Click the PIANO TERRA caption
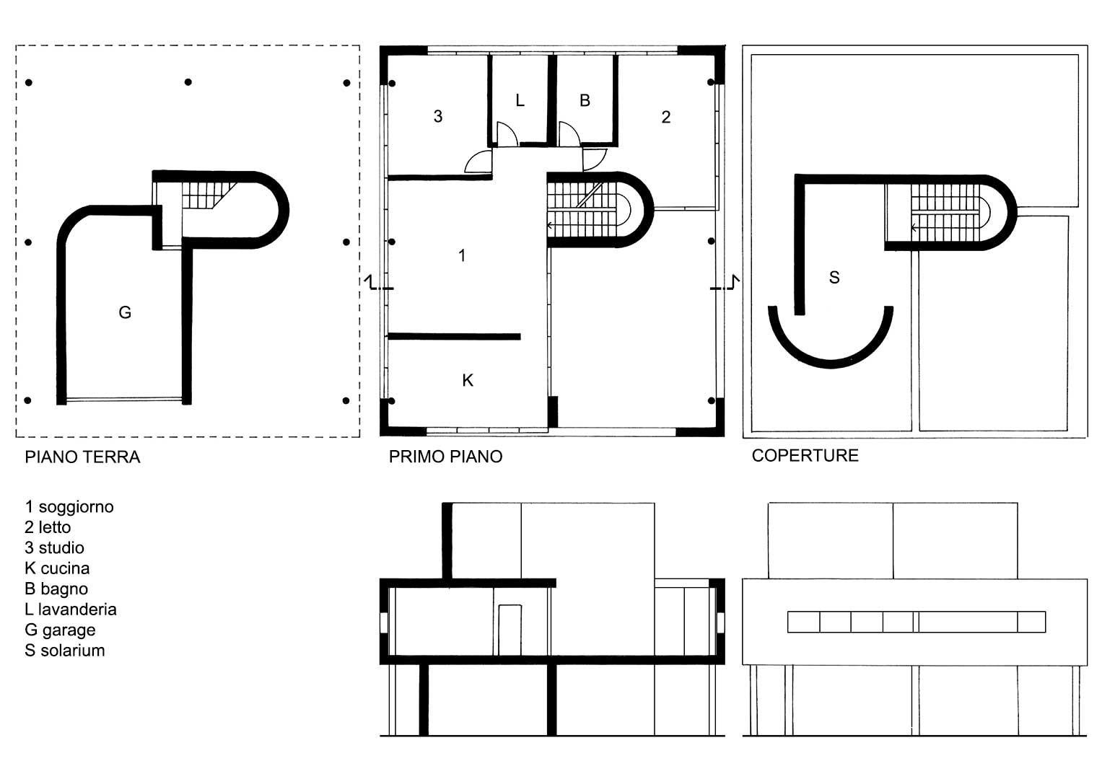click(82, 457)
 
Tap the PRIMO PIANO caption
click(445, 457)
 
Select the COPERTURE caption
click(805, 455)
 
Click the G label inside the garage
click(125, 312)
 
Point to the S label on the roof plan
click(834, 278)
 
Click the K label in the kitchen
click(468, 380)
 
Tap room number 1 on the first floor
click(461, 255)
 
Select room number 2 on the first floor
click(665, 117)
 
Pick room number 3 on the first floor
click(438, 116)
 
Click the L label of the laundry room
click(520, 100)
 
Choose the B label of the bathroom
click(585, 100)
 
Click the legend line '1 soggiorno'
click(69, 506)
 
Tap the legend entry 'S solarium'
click(64, 650)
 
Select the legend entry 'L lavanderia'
click(70, 609)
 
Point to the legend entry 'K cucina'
click(57, 568)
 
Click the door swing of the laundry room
click(507, 133)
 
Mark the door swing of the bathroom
click(569, 133)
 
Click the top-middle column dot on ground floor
click(188, 82)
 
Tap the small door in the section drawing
click(510, 630)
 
